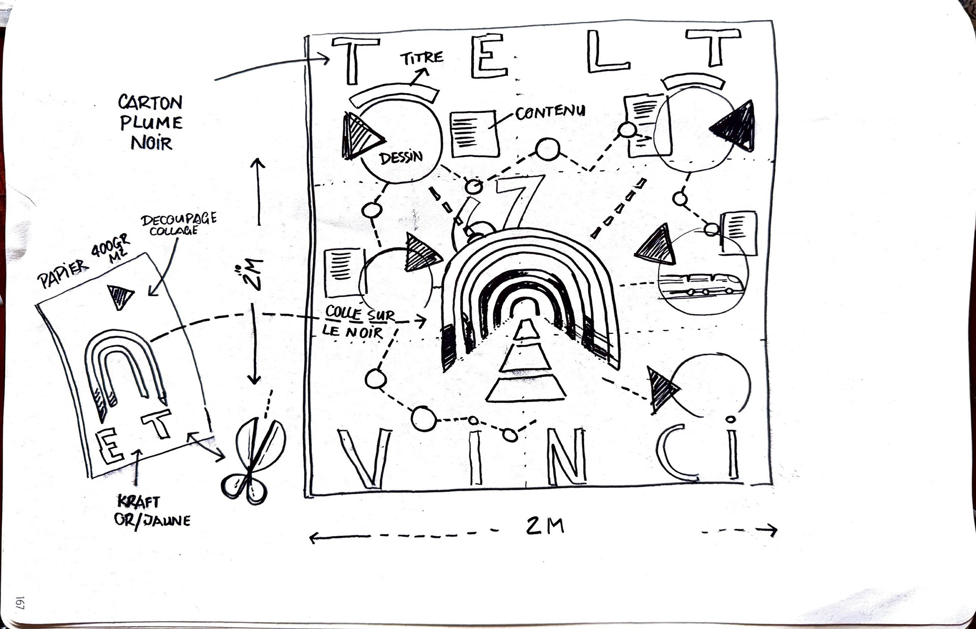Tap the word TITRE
click(421, 58)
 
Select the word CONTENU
click(550, 112)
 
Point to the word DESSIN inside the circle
click(401, 158)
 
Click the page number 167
click(20, 603)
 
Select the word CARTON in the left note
click(150, 103)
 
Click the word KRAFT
click(138, 502)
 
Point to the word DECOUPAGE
click(178, 219)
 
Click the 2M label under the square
click(544, 525)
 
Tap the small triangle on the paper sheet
click(120, 296)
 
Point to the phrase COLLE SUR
click(359, 313)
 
